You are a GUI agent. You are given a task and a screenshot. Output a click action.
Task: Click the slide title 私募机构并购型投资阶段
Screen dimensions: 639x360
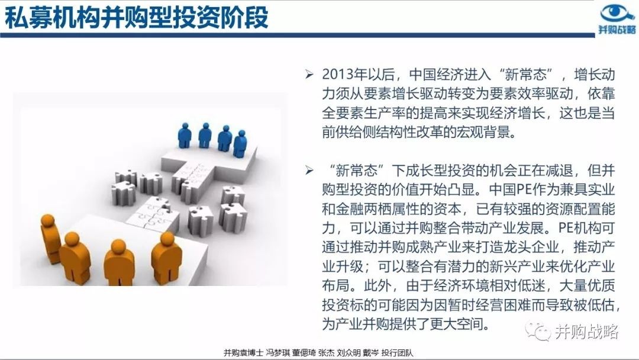[136, 18]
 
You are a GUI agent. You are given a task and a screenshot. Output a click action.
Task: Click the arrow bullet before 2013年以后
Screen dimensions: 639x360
[309, 74]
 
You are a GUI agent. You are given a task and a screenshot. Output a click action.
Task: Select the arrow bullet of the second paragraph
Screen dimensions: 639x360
[309, 170]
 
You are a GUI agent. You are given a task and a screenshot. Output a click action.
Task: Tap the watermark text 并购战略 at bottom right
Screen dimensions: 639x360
[586, 332]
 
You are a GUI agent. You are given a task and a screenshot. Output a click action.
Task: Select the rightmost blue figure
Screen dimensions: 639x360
[240, 143]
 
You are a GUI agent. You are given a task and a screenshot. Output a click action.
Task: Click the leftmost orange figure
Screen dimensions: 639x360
[51, 239]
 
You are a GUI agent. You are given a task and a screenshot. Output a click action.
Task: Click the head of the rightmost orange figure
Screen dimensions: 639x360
[167, 239]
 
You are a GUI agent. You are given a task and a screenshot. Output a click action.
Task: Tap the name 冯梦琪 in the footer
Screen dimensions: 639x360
[277, 353]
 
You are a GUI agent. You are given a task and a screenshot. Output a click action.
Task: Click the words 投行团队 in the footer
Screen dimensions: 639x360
[398, 353]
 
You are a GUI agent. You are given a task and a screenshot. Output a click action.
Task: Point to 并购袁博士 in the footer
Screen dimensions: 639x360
[243, 353]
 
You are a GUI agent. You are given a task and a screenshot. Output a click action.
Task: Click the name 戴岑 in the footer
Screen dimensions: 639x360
[371, 353]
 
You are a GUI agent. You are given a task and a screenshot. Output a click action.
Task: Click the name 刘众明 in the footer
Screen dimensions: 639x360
[348, 353]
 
